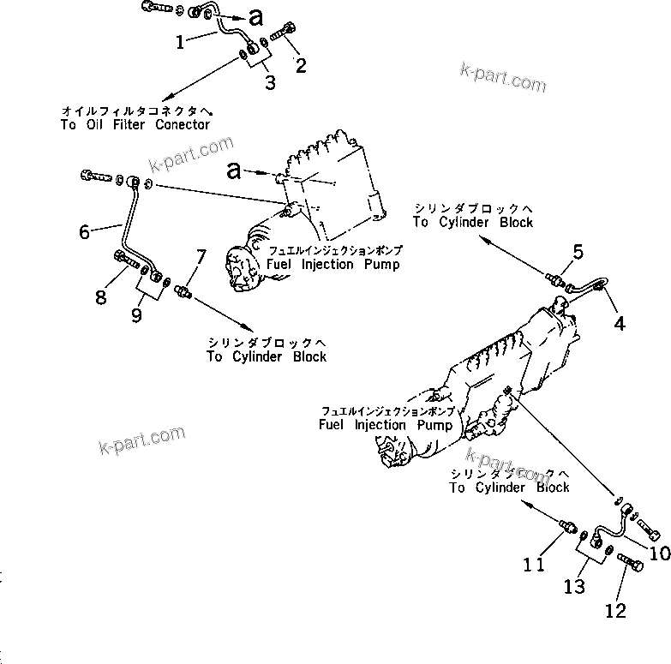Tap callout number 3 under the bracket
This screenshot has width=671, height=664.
point(270,83)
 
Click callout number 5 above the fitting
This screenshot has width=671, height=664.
point(578,252)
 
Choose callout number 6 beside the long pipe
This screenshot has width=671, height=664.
point(84,231)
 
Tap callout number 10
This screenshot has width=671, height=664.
point(659,553)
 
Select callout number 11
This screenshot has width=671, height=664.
point(535,565)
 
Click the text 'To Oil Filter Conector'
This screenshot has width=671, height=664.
point(135,124)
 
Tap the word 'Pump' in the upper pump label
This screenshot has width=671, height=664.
point(379,265)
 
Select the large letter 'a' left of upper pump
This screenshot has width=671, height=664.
point(235,170)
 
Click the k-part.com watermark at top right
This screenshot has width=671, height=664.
point(504,78)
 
